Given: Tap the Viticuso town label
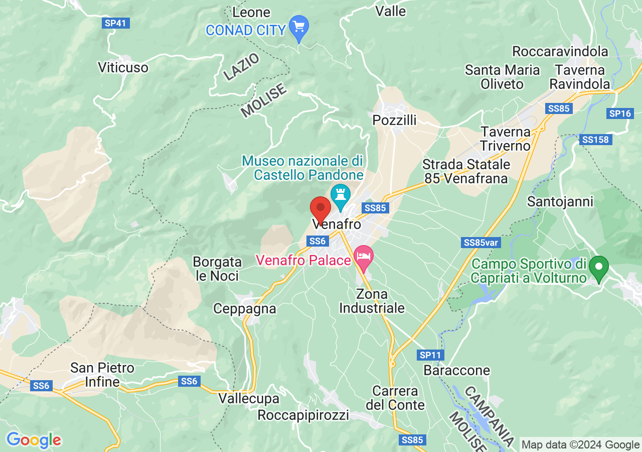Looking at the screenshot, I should (x=123, y=67).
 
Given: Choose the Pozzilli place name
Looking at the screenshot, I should (x=395, y=121).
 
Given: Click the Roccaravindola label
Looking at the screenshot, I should (x=560, y=51).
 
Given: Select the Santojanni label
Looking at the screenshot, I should (x=560, y=202).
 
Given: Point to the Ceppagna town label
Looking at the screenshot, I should (x=245, y=308).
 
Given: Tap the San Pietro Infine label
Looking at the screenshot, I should (x=102, y=375).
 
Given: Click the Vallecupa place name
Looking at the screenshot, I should (x=249, y=399).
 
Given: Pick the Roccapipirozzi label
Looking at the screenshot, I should (x=303, y=415).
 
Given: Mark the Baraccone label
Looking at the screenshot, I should (x=456, y=371).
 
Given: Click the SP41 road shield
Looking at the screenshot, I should (x=116, y=23).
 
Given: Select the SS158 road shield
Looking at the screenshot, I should (x=596, y=140).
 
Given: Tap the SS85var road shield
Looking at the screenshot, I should (x=481, y=243).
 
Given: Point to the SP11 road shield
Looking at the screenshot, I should (x=430, y=355).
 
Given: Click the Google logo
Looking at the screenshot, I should (x=34, y=440).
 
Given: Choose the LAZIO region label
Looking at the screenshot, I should (x=242, y=66).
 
